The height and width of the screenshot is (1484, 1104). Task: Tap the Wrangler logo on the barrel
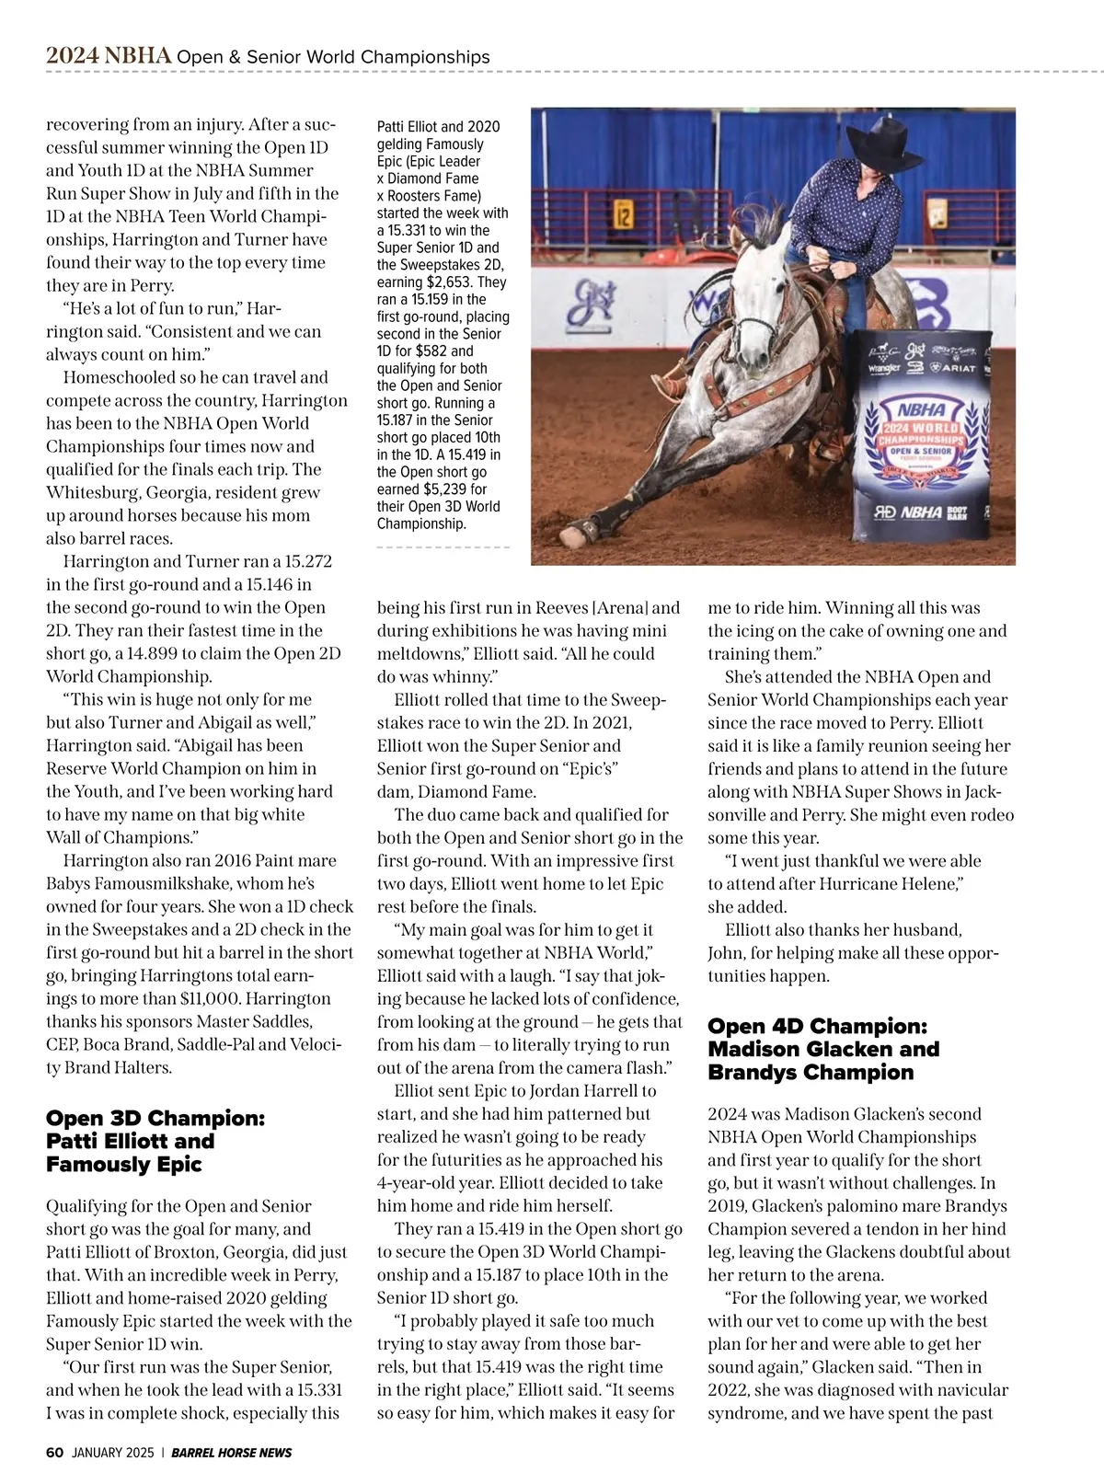883,368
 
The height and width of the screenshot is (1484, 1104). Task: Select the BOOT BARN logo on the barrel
958,512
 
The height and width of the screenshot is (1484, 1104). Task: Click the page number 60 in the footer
54,1453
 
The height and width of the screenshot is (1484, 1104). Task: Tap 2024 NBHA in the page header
109,56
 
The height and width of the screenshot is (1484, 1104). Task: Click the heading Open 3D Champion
155,1118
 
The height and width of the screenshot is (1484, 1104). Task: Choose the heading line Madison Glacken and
822,1049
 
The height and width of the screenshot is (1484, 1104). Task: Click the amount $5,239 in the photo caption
445,489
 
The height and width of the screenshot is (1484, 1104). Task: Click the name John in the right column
727,952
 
